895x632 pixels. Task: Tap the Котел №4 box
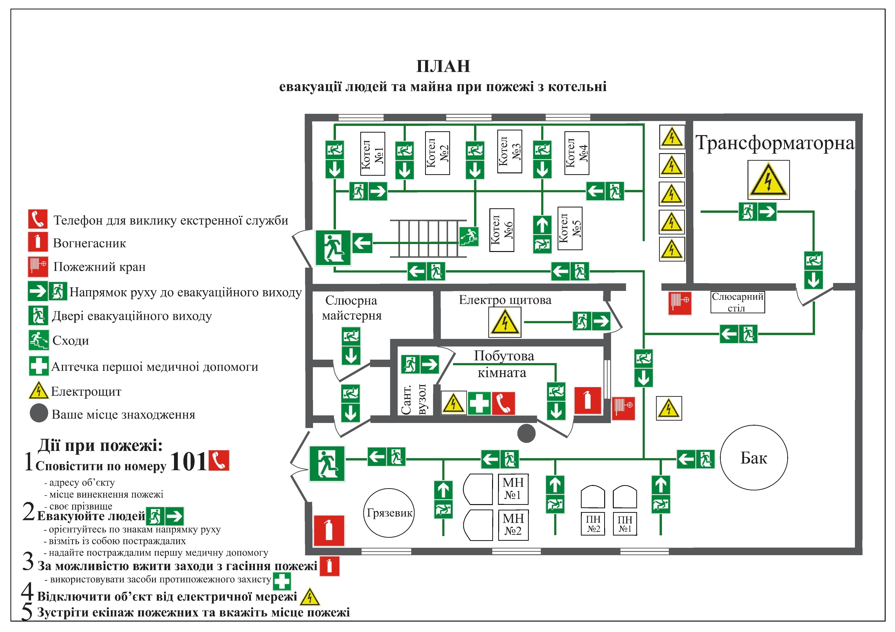click(577, 153)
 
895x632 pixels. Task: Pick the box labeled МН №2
click(513, 525)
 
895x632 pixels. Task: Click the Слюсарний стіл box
click(738, 302)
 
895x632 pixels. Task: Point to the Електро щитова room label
click(505, 300)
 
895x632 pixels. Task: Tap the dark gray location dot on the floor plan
click(526, 433)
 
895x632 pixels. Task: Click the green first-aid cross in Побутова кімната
click(479, 403)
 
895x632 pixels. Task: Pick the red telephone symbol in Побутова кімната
click(503, 403)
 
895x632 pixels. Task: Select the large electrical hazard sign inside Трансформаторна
click(768, 180)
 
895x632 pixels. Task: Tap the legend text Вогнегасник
click(89, 243)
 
